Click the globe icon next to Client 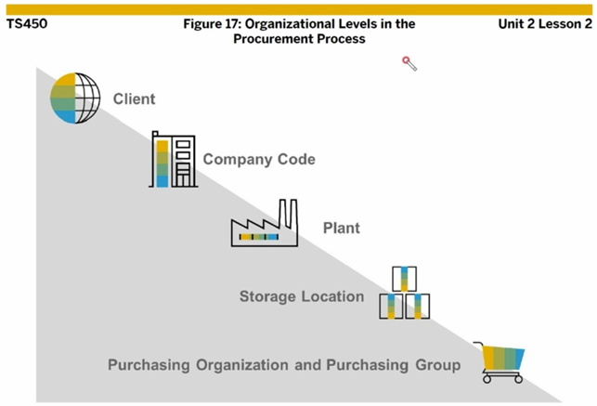point(74,98)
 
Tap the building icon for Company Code point(173,160)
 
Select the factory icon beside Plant point(264,227)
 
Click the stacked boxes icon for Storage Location point(404,295)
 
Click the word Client point(135,98)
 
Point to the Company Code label point(259,159)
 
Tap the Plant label point(341,228)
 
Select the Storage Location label point(302,296)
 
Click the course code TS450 point(27,23)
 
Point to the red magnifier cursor point(409,63)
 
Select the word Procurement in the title point(278,39)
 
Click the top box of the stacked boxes point(404,279)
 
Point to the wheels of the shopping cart point(502,378)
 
